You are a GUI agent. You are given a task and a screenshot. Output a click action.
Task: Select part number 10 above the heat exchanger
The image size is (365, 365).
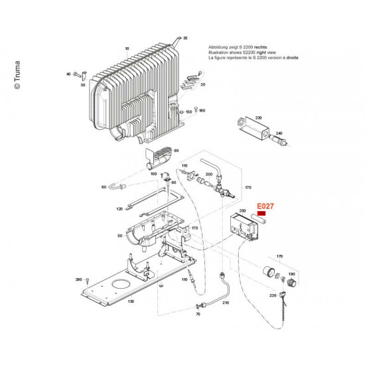[x=126, y=48]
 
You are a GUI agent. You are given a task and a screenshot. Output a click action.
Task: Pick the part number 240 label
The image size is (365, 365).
[x=279, y=133]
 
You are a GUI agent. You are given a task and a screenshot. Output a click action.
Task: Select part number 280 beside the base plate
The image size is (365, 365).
[x=78, y=280]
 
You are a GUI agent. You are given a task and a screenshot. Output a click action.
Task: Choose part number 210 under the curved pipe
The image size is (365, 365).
[x=224, y=303]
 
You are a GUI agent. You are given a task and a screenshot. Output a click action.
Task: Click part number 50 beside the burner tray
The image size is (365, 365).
[x=119, y=236]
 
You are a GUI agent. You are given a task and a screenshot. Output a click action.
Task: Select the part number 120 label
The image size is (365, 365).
[x=119, y=209]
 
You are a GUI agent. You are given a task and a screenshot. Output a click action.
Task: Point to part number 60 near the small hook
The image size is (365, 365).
[x=104, y=187]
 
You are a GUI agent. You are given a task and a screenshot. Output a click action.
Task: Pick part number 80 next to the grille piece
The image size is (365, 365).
[x=176, y=151]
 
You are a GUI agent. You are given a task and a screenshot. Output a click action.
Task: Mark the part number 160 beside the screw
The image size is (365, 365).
[x=202, y=110]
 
